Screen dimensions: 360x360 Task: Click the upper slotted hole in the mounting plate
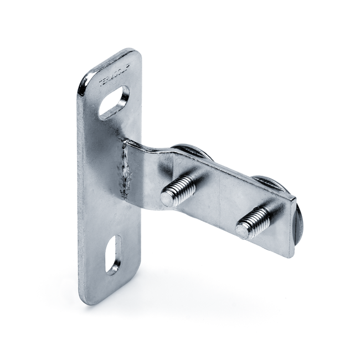tap(114, 102)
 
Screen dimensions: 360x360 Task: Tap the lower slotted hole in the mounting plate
tap(114, 254)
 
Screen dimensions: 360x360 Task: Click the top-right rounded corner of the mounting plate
tap(135, 54)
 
